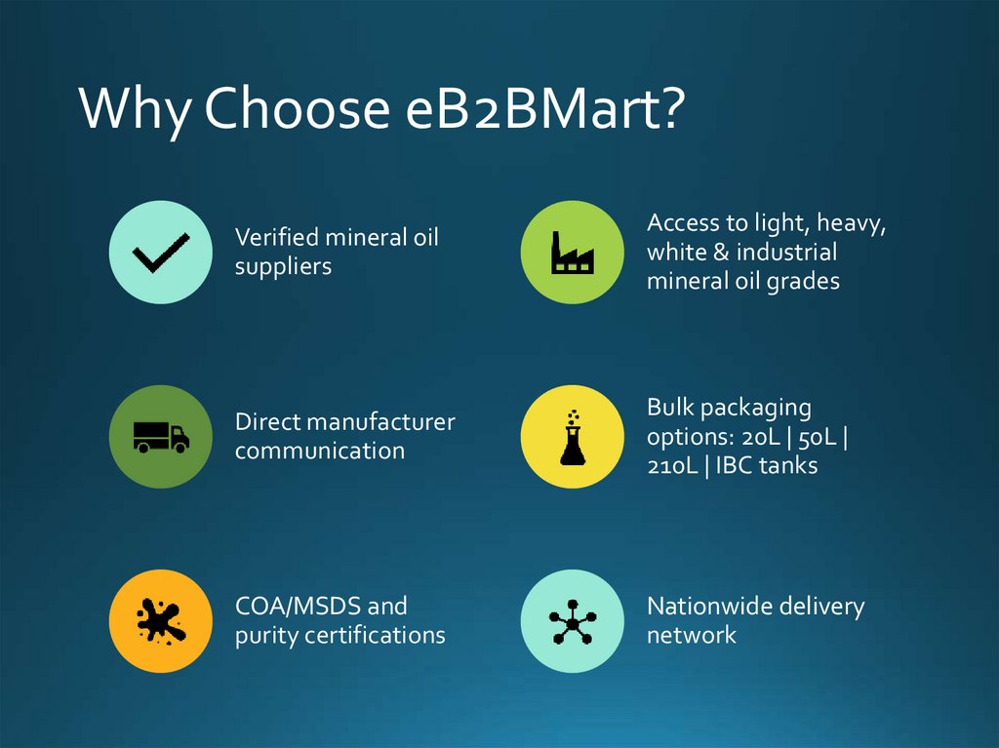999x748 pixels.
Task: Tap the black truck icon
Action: (x=161, y=436)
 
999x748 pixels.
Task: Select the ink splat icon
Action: (x=160, y=620)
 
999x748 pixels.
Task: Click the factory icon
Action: (x=573, y=253)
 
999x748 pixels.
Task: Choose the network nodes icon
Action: (x=572, y=620)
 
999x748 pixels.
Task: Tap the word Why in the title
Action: (x=134, y=109)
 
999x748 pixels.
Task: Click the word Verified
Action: (x=276, y=237)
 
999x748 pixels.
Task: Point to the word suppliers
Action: (x=283, y=266)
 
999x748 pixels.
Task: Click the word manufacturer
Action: (x=381, y=421)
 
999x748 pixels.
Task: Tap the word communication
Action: (x=320, y=451)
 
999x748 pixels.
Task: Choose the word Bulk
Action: (x=670, y=407)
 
